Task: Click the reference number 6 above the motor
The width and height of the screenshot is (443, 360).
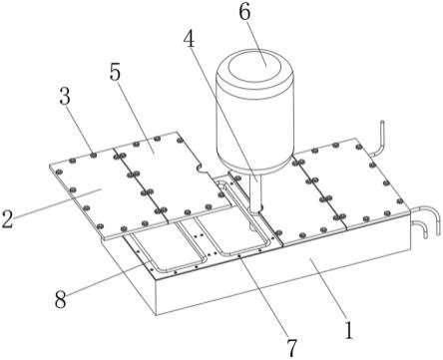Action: point(244,13)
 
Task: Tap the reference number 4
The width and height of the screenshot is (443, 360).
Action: point(190,41)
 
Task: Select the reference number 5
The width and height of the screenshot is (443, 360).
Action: point(115,73)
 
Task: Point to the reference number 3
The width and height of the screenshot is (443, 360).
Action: point(65,97)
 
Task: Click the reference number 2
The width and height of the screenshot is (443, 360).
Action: point(7,218)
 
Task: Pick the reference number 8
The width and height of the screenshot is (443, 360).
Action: point(60,300)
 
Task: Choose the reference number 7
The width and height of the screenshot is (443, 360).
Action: point(291,348)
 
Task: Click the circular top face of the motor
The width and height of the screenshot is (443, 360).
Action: point(255,65)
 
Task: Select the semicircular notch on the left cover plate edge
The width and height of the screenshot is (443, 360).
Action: point(203,169)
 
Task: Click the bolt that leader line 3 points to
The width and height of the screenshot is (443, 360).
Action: point(94,155)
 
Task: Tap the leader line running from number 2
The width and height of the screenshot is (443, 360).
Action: point(57,202)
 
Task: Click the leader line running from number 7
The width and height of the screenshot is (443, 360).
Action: point(264,298)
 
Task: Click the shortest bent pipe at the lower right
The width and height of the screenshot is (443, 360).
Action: point(420,227)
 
